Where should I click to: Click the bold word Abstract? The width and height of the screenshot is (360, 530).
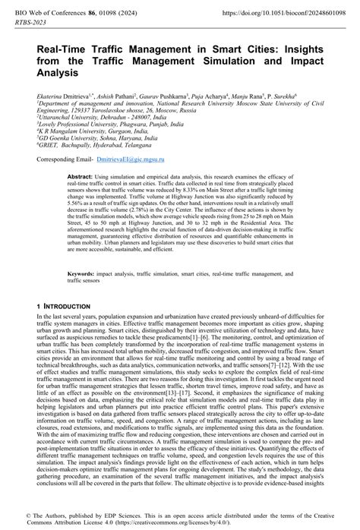(x=80, y=176)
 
